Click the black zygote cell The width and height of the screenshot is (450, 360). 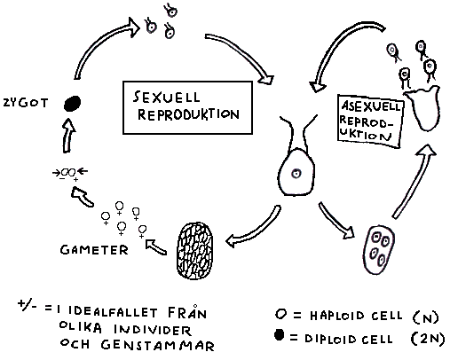(72, 104)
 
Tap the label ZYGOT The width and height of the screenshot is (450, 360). (26, 103)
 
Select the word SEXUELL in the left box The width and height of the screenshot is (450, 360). (166, 97)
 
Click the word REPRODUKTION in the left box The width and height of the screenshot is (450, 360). (188, 114)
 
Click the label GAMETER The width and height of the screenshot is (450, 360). (94, 250)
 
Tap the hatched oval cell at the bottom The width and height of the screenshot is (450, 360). (195, 251)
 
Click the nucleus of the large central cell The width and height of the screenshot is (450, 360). (296, 173)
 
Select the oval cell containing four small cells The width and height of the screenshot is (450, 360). (379, 250)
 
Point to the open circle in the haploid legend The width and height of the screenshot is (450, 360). (280, 314)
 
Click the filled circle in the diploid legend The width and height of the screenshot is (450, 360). (280, 335)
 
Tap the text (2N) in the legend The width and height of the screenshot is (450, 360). (428, 339)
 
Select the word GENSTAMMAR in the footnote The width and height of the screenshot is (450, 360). (157, 345)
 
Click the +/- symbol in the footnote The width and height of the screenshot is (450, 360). (28, 305)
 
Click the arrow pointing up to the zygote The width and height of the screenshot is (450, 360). (68, 136)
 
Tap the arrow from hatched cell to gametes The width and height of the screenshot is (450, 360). (155, 247)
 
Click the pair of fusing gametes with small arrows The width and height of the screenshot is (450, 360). (70, 173)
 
